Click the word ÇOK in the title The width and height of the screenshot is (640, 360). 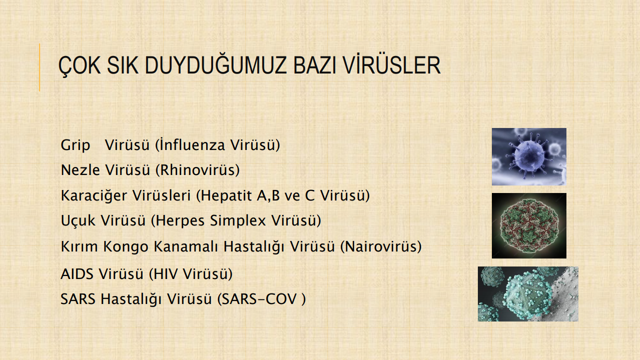click(x=80, y=66)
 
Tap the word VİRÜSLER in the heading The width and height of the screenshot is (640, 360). click(x=392, y=64)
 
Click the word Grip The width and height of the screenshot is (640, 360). click(x=76, y=145)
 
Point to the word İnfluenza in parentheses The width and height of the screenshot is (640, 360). click(x=193, y=144)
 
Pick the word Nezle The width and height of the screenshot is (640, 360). click(x=80, y=170)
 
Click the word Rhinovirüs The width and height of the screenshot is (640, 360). click(x=198, y=170)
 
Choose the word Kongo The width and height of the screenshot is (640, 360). click(x=126, y=246)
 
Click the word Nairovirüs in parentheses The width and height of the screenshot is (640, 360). click(x=381, y=246)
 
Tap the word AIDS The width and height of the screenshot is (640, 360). click(x=77, y=274)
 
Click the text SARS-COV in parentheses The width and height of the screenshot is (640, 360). click(x=260, y=299)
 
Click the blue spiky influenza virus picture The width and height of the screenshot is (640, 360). click(x=529, y=156)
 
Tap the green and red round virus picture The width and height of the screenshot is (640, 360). click(x=529, y=226)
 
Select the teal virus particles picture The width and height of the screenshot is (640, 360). click(x=528, y=294)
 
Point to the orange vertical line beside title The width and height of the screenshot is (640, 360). click(x=40, y=67)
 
